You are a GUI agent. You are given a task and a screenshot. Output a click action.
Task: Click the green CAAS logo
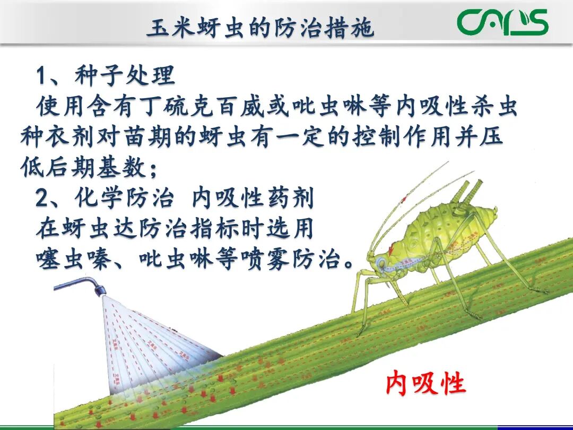point(502,22)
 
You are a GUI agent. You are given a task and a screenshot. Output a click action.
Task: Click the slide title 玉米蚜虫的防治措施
point(260,28)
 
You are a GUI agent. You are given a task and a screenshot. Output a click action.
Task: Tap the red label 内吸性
point(426,383)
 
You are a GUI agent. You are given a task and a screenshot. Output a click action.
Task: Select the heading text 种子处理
point(125,76)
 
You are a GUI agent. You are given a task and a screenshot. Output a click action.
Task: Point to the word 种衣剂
point(58,137)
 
